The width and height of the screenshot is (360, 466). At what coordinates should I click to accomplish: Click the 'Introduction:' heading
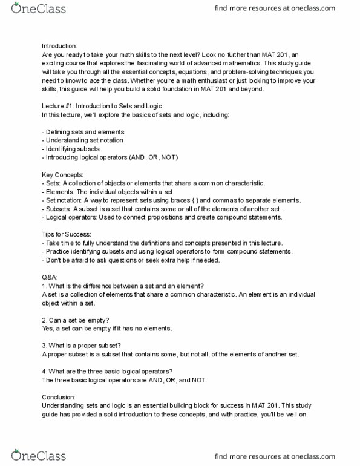59,46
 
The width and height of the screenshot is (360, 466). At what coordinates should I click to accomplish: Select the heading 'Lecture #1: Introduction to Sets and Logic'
102,106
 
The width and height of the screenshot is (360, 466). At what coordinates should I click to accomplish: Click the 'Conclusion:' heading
59,397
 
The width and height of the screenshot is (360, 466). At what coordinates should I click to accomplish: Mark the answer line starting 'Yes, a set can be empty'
107,328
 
